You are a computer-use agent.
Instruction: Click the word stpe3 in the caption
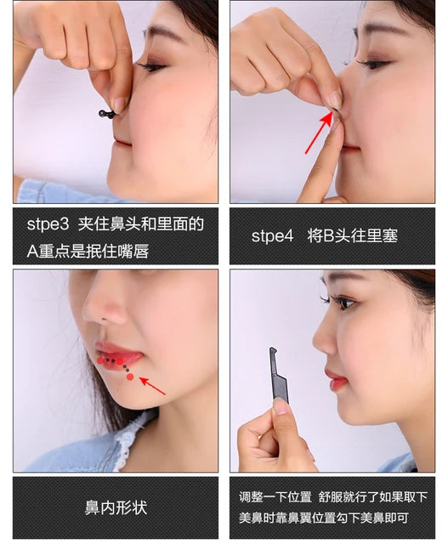(x=48, y=224)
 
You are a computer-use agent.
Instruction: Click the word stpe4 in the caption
(x=272, y=236)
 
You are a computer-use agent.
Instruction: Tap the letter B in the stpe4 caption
(x=328, y=236)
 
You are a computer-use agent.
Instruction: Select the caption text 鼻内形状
(x=116, y=507)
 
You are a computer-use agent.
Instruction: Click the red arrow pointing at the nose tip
(x=318, y=134)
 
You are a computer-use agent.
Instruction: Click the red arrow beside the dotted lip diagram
(x=153, y=386)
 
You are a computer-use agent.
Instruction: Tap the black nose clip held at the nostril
(x=108, y=113)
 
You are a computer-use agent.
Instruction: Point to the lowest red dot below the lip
(x=130, y=377)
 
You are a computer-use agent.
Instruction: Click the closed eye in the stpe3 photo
(x=151, y=65)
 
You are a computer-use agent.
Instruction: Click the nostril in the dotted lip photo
(x=105, y=317)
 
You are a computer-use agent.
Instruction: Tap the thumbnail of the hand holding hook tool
(x=281, y=407)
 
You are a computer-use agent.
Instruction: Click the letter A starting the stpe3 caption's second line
(x=32, y=252)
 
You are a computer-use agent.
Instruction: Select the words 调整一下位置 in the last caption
(x=275, y=497)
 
